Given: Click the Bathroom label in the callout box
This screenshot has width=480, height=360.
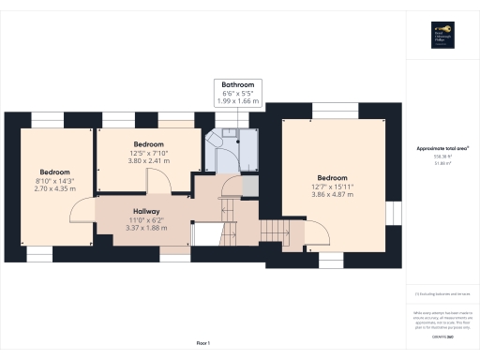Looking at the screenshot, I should pos(238,85).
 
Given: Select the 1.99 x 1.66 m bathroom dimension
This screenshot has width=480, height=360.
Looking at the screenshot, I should pos(238,100).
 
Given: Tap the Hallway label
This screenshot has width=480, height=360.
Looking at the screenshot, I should pos(145,211).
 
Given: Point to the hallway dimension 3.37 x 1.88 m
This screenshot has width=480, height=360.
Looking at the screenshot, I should pos(145,226).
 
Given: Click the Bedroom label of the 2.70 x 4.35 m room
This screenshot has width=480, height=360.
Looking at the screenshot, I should pos(54,172).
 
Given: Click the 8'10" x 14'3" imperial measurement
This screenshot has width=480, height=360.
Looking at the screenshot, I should pos(54,180).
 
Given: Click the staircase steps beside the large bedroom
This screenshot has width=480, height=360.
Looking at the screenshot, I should pos(271,230).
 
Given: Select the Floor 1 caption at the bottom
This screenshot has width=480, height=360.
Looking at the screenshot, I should pos(202,344).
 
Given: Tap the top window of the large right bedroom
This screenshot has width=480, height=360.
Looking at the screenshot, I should pos(333,108).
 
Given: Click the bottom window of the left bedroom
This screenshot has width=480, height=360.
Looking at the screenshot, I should pos(39,253).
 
